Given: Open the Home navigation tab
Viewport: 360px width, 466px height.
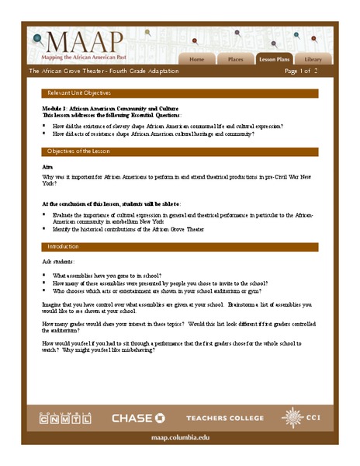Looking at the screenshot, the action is point(197,59).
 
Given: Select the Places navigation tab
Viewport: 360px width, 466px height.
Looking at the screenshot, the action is point(234,59).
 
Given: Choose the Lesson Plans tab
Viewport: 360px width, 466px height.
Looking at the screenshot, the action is point(274,59).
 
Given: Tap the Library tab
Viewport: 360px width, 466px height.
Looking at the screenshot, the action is point(313,59).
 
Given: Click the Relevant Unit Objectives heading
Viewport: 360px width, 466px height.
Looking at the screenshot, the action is point(78,93).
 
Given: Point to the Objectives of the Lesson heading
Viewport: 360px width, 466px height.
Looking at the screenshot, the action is point(78,151).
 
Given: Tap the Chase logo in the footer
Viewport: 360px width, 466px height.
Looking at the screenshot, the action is point(138,419).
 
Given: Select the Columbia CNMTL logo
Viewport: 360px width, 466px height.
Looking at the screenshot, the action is point(65,419).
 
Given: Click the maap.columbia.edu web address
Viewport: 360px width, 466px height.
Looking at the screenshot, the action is point(179,438).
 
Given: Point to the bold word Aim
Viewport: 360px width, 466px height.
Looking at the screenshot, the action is point(47,167).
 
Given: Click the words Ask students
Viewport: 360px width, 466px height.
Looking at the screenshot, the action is point(57,263).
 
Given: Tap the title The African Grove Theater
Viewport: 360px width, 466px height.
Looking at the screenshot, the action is point(104,71).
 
